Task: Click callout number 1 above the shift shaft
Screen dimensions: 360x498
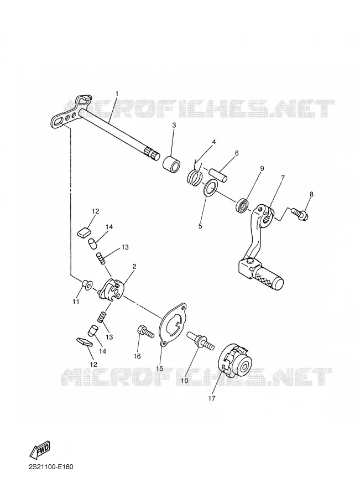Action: (x=117, y=94)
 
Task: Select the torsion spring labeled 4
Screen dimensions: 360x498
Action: (x=194, y=175)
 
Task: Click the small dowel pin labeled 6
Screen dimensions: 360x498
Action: (x=218, y=175)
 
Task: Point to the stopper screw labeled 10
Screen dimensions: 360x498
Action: (x=200, y=340)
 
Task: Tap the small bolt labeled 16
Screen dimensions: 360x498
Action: (x=145, y=332)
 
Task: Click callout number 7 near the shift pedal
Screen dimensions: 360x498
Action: (x=283, y=178)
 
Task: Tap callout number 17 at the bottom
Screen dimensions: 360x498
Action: (x=211, y=398)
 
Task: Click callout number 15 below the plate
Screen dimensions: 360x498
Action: (x=159, y=369)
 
